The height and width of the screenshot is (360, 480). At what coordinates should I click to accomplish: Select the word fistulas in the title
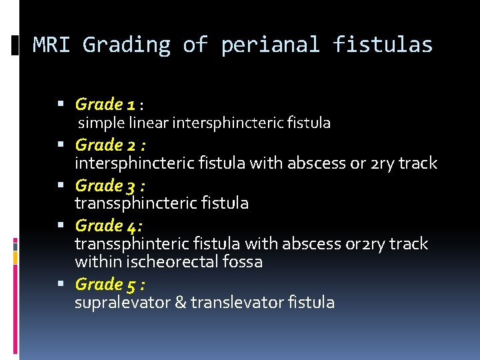pos(383,45)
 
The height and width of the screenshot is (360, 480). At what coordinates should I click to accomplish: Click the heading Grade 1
pos(106,104)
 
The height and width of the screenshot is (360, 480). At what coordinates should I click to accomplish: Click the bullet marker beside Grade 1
pos(62,105)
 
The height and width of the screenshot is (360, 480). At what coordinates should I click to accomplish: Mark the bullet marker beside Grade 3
pos(62,185)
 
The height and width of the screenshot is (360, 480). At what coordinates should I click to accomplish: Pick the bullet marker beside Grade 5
pos(62,285)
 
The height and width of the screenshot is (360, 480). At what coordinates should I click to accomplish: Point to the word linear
pos(148,123)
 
